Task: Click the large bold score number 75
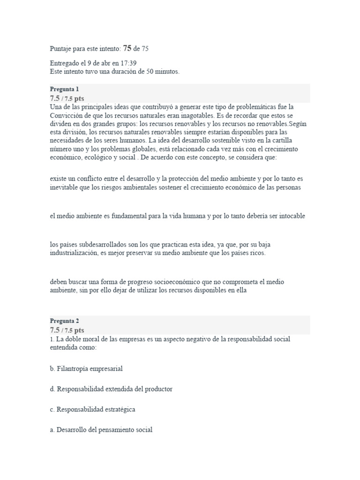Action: tap(127, 48)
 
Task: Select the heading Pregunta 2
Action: tap(64, 321)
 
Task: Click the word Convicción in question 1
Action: tap(66, 115)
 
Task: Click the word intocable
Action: tap(290, 216)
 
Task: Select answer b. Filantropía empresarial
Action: tap(86, 368)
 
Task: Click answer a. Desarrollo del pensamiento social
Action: tap(101, 429)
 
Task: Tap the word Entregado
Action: tap(65, 63)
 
